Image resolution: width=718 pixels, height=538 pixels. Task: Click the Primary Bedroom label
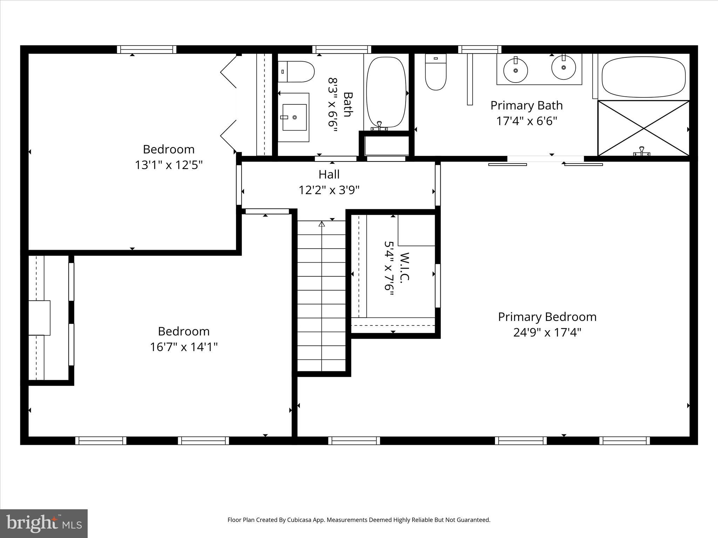pyautogui.click(x=547, y=317)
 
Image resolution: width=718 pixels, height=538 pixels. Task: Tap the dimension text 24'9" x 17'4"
pyautogui.click(x=547, y=332)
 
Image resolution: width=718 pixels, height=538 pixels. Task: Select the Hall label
pyautogui.click(x=329, y=174)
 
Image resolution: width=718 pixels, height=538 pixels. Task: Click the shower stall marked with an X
pyautogui.click(x=643, y=128)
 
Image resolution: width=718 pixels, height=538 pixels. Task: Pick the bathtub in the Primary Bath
pyautogui.click(x=643, y=77)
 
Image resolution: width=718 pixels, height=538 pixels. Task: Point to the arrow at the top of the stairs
pyautogui.click(x=321, y=224)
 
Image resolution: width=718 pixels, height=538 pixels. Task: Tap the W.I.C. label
pyautogui.click(x=404, y=266)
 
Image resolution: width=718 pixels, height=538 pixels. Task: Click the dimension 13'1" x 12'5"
pyautogui.click(x=169, y=165)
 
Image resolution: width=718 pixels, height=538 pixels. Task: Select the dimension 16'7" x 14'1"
pyautogui.click(x=184, y=347)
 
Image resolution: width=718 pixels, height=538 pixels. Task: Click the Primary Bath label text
pyautogui.click(x=526, y=105)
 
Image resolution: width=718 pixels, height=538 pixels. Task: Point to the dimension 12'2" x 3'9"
pyautogui.click(x=329, y=190)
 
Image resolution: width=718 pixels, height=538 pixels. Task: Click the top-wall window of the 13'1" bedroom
pyautogui.click(x=147, y=49)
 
